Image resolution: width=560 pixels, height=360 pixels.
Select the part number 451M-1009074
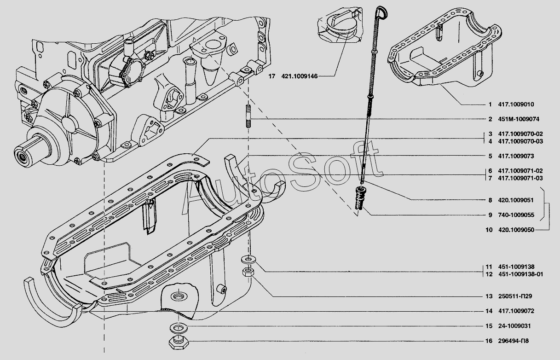click(519, 119)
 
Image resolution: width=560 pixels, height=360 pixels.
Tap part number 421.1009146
click(300, 76)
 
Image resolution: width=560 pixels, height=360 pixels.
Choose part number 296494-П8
click(513, 341)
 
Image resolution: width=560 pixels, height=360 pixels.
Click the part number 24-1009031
click(514, 326)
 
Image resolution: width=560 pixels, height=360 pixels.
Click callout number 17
click(272, 76)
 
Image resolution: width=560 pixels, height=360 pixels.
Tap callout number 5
click(491, 156)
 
